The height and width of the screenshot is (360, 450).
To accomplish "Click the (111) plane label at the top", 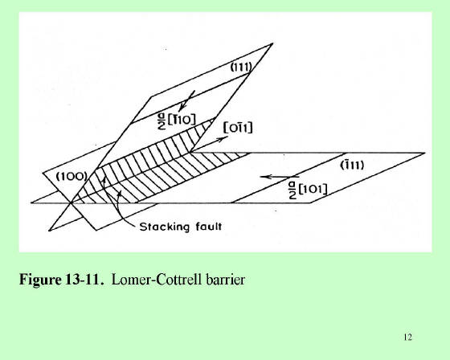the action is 241,67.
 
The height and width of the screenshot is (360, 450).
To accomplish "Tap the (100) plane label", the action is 72,176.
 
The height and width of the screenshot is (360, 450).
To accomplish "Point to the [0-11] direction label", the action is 238,128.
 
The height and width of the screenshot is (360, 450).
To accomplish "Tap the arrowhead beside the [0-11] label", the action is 222,139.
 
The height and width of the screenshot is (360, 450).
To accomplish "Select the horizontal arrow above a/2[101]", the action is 280,177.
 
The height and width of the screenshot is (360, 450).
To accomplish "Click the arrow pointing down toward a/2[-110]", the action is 186,101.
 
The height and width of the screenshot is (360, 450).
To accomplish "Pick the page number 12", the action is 407,337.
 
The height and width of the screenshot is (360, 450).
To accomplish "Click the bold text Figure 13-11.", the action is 61,279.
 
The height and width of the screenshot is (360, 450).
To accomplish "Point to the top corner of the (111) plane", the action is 272,43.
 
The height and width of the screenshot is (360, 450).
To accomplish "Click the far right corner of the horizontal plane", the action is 425,153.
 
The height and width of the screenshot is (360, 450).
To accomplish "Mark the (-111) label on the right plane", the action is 352,165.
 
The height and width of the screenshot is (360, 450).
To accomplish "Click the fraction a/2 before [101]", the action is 292,191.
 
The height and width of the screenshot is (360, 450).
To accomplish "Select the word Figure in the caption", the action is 40,280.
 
